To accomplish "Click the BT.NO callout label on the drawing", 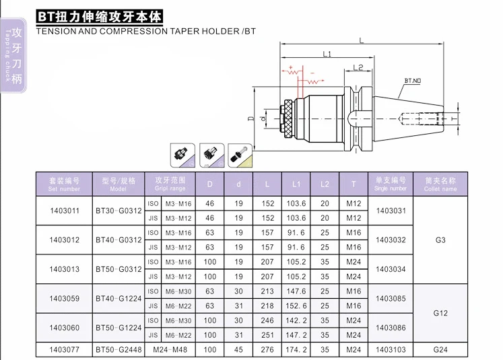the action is click(x=413, y=81).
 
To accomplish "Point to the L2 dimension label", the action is click(x=358, y=67).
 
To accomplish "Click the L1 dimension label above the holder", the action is click(x=327, y=55).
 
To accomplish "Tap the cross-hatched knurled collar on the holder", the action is click(x=288, y=119).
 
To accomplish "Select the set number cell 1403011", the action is click(x=65, y=211).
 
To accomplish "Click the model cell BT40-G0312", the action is click(x=119, y=240).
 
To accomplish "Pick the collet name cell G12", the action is click(x=440, y=313).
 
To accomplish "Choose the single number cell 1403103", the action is click(x=391, y=349).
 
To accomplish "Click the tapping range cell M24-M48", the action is click(x=170, y=349).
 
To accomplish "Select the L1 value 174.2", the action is click(x=296, y=349).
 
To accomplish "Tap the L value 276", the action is click(x=267, y=349).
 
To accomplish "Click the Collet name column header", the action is click(x=440, y=184).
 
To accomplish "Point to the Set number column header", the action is click(x=64, y=184).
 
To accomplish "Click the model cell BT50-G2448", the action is click(x=119, y=349).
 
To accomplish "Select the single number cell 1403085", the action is click(x=391, y=299).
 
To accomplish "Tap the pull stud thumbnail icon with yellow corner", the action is click(x=240, y=155).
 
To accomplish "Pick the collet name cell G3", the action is click(x=440, y=240).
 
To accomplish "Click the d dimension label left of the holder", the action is click(x=263, y=119).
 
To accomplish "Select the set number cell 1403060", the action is click(x=65, y=328).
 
